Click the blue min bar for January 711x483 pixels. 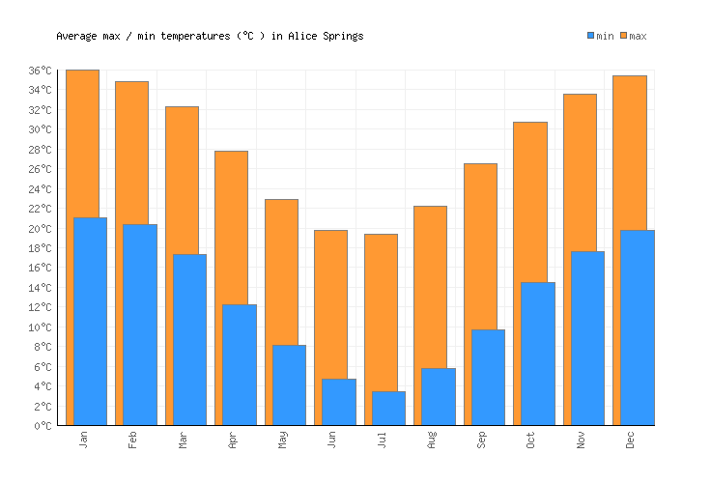pos(90,321)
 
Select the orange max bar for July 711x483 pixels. pos(381,309)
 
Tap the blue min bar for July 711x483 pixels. pos(388,408)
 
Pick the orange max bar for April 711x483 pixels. pos(231,227)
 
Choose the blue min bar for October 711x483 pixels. pos(538,354)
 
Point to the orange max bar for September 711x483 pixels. pos(480,246)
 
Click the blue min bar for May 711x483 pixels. pos(289,384)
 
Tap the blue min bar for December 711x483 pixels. pos(638,327)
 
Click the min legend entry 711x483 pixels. pos(600,37)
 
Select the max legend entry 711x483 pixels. pos(633,37)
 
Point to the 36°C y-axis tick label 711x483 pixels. pos(42,71)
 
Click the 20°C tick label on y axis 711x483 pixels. pos(42,229)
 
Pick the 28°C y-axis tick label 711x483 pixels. pos(42,150)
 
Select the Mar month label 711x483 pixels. pos(184,440)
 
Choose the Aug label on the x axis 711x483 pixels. pos(433,440)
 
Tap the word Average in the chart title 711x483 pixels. pos(76,37)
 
